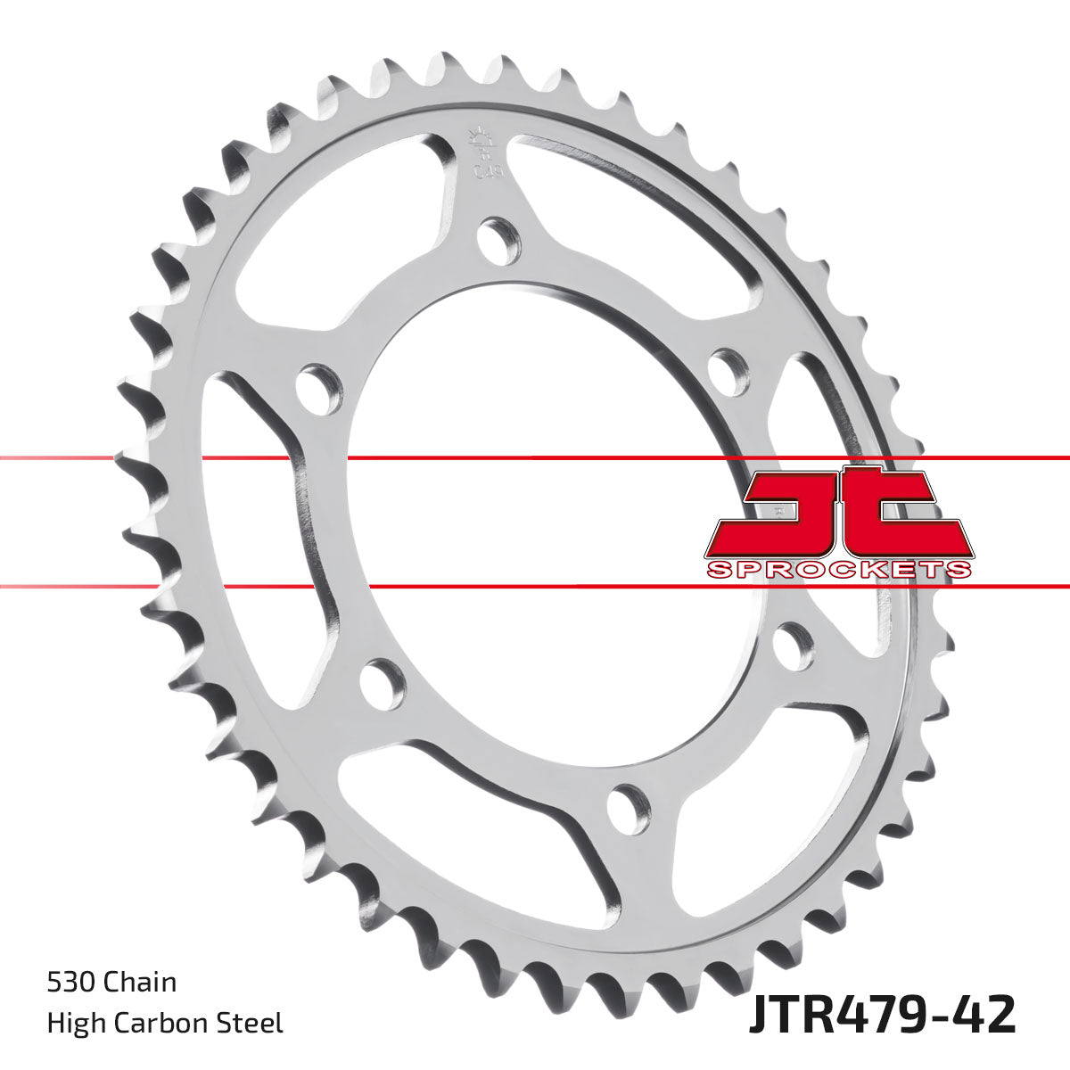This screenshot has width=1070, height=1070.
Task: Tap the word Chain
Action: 140,983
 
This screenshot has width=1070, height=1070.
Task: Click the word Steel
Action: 252,1023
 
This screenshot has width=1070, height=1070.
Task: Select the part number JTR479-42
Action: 881,1016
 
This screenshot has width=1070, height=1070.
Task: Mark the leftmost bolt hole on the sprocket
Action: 318,389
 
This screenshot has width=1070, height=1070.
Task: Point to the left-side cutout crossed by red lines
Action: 267,517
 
